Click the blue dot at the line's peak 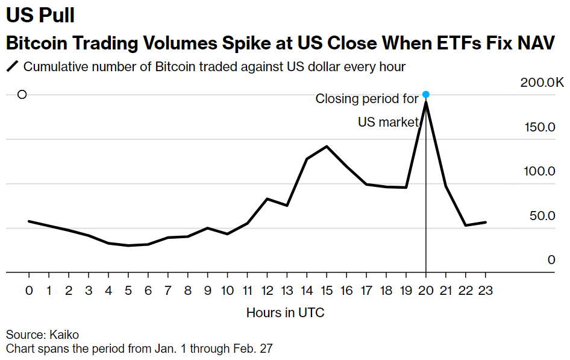pyautogui.click(x=426, y=94)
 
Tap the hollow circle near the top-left pyautogui.click(x=22, y=94)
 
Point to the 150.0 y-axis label pyautogui.click(x=540, y=127)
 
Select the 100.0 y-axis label pyautogui.click(x=540, y=171)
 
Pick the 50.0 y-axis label pyautogui.click(x=543, y=216)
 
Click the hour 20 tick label pyautogui.click(x=426, y=291)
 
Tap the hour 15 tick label pyautogui.click(x=327, y=291)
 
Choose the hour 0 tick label pyautogui.click(x=29, y=291)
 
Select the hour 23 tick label pyautogui.click(x=486, y=291)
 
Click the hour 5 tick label pyautogui.click(x=128, y=291)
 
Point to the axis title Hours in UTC pyautogui.click(x=286, y=313)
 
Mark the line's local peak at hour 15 pyautogui.click(x=327, y=146)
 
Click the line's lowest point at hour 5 pyautogui.click(x=128, y=245)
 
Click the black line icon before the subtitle pyautogui.click(x=13, y=66)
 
